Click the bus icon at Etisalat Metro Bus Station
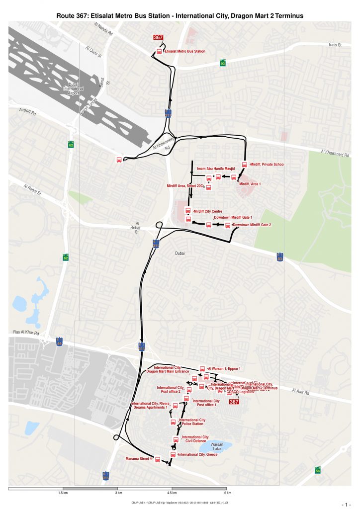(x=160, y=51)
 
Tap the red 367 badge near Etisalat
(x=158, y=38)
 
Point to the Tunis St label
(x=335, y=45)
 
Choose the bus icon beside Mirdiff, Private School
(x=244, y=165)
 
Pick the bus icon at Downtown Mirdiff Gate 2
(x=228, y=225)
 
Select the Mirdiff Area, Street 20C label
(x=185, y=186)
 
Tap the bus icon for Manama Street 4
(x=158, y=459)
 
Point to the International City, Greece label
(x=197, y=454)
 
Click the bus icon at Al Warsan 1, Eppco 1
(x=202, y=369)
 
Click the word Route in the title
(x=67, y=16)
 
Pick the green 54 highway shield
(x=318, y=470)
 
